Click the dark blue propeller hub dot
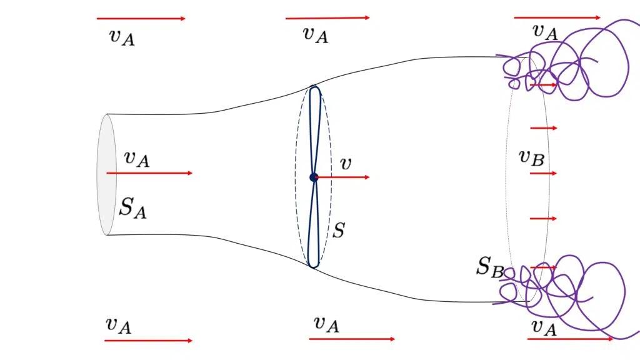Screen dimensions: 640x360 pos(314,177)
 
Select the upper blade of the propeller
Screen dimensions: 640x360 pos(315,131)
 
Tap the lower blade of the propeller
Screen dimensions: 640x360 pos(314,222)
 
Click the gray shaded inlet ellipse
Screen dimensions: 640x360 pos(106,175)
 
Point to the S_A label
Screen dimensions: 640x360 pos(132,207)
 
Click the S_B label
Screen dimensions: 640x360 pos(490,267)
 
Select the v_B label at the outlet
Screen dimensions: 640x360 pos(531,158)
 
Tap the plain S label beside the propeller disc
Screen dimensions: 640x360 pos(339,231)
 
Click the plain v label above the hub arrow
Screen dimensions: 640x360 pos(345,164)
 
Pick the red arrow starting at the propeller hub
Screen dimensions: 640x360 pos(342,177)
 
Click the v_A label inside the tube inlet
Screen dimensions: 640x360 pos(137,159)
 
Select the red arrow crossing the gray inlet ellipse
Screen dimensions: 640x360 pos(149,173)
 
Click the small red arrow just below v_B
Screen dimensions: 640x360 pos(543,174)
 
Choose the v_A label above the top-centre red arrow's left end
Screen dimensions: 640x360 pos(316,35)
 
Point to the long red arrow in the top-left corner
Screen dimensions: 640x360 pos(141,18)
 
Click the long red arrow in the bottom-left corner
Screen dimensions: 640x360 pos(148,341)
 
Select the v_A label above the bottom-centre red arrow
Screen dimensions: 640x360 pos(326,324)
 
